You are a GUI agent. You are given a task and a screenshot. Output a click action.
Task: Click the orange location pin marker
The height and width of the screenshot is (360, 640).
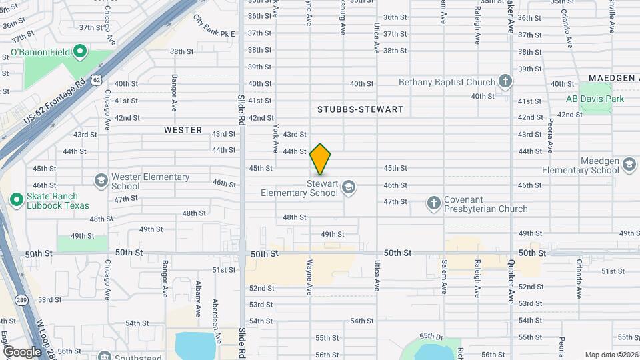(x=321, y=159)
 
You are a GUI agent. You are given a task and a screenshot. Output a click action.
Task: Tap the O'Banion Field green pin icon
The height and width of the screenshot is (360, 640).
(x=80, y=51)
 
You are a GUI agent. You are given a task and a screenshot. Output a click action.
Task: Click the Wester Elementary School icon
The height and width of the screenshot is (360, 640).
(x=101, y=180)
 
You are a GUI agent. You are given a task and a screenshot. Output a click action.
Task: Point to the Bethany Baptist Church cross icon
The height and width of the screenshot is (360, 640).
(x=505, y=82)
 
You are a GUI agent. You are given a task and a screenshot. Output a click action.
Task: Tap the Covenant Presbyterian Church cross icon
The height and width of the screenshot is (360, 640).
(x=434, y=203)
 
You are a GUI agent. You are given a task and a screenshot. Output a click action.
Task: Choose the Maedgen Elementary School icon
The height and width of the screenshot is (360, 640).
(x=629, y=164)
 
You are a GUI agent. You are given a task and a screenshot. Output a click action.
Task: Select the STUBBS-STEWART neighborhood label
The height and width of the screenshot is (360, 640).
(x=361, y=109)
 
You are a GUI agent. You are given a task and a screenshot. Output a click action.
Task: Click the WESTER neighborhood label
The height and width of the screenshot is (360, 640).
(x=183, y=130)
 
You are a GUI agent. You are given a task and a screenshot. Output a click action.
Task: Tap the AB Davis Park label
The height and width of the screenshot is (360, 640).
(x=595, y=99)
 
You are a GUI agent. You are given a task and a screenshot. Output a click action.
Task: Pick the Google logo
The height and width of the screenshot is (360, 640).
(x=22, y=351)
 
